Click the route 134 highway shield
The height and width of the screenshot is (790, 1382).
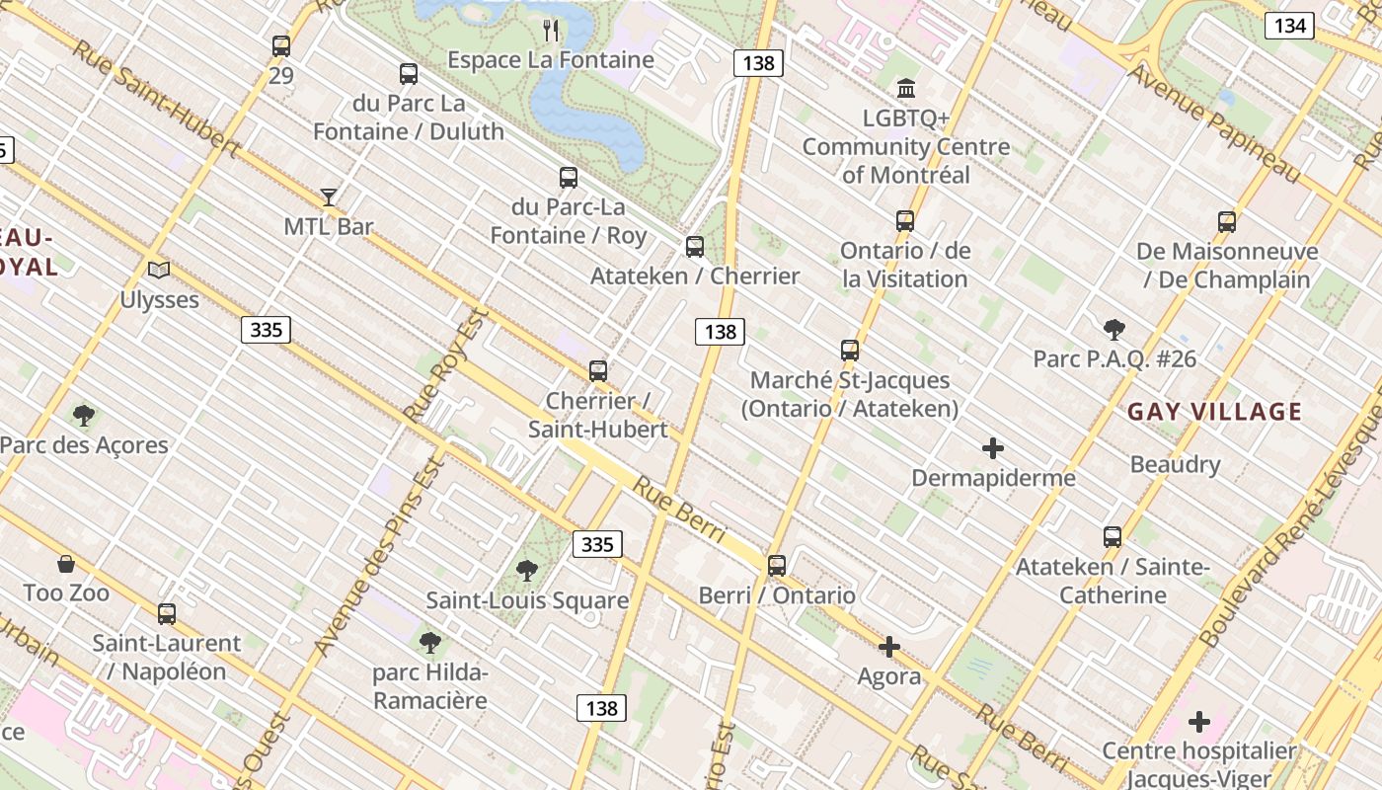click(1289, 26)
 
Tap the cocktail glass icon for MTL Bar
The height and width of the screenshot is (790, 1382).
click(329, 197)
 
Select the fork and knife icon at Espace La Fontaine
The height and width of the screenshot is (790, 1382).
click(551, 31)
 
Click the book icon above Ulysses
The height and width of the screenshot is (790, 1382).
click(159, 270)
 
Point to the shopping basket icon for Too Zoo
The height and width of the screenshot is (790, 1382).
click(66, 564)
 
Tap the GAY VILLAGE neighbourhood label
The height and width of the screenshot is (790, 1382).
click(1214, 412)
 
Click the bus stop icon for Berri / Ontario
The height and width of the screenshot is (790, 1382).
click(777, 566)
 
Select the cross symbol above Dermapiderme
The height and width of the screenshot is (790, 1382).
click(993, 449)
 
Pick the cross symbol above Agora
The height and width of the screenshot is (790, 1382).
click(889, 648)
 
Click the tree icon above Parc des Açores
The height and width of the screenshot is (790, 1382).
click(84, 416)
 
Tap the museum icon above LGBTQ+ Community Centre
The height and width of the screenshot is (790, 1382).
click(906, 89)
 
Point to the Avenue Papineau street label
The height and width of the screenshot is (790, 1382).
click(1215, 124)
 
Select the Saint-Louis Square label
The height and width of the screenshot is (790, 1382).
click(527, 600)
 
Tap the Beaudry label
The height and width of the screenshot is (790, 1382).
click(1175, 464)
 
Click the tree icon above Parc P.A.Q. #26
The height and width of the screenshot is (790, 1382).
click(1114, 330)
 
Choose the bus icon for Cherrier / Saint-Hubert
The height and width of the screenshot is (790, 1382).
click(597, 371)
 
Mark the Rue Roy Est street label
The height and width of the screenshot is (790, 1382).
click(447, 365)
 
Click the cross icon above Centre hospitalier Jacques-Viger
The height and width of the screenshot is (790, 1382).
click(1199, 722)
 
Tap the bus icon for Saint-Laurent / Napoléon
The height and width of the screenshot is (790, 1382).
click(167, 614)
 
